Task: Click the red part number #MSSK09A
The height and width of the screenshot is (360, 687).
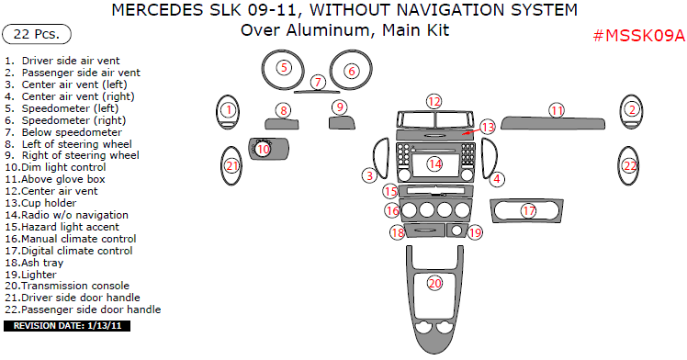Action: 639,36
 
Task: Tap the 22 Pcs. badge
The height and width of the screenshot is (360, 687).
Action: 37,34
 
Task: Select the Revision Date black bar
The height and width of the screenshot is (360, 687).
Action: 67,326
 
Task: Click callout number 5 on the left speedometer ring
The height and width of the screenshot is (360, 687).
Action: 284,67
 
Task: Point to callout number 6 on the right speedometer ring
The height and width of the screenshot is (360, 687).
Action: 352,71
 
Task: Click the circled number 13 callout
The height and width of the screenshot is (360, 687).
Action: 487,127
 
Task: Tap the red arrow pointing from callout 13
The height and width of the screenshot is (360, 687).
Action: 470,131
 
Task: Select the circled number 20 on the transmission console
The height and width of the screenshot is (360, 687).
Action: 434,284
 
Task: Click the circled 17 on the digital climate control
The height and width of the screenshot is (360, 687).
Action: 529,211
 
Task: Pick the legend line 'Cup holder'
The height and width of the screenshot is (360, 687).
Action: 40,203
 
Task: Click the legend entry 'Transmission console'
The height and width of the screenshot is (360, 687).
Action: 67,286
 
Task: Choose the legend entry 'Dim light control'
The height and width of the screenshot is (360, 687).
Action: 56,167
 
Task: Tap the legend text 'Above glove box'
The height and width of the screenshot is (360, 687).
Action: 55,179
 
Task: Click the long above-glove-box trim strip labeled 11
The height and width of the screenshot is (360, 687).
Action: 553,124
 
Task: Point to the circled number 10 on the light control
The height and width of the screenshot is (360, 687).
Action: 263,150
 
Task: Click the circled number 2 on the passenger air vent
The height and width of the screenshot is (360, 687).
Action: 632,109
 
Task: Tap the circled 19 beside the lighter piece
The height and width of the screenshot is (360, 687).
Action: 475,232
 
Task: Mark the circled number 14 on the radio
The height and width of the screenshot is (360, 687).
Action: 434,163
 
